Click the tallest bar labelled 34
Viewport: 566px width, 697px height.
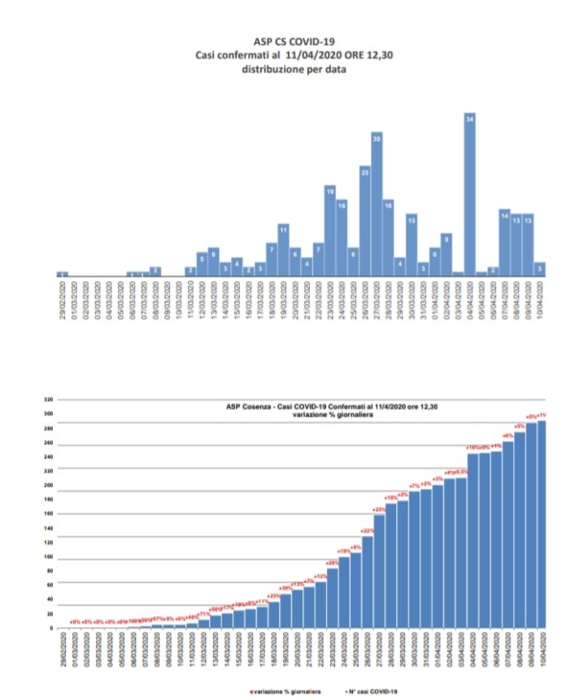pyautogui.click(x=469, y=195)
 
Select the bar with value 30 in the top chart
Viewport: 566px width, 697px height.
pyautogui.click(x=377, y=203)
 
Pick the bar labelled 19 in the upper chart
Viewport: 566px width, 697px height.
pyautogui.click(x=330, y=231)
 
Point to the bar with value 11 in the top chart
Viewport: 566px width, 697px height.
pyautogui.click(x=283, y=250)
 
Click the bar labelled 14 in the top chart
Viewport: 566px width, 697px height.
pyautogui.click(x=505, y=242)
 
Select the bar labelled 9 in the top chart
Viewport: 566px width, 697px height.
pyautogui.click(x=446, y=255)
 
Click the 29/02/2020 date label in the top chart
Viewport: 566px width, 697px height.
pyautogui.click(x=63, y=300)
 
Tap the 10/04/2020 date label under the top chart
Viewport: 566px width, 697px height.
pyautogui.click(x=540, y=300)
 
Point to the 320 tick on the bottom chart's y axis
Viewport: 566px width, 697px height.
pyautogui.click(x=48, y=399)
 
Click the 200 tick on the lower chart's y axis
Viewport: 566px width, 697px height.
pyautogui.click(x=48, y=486)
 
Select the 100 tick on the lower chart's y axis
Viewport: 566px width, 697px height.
pyautogui.click(x=48, y=558)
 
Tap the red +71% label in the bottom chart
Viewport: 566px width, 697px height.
pyautogui.click(x=203, y=614)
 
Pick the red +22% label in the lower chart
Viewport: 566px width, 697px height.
pyautogui.click(x=367, y=530)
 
